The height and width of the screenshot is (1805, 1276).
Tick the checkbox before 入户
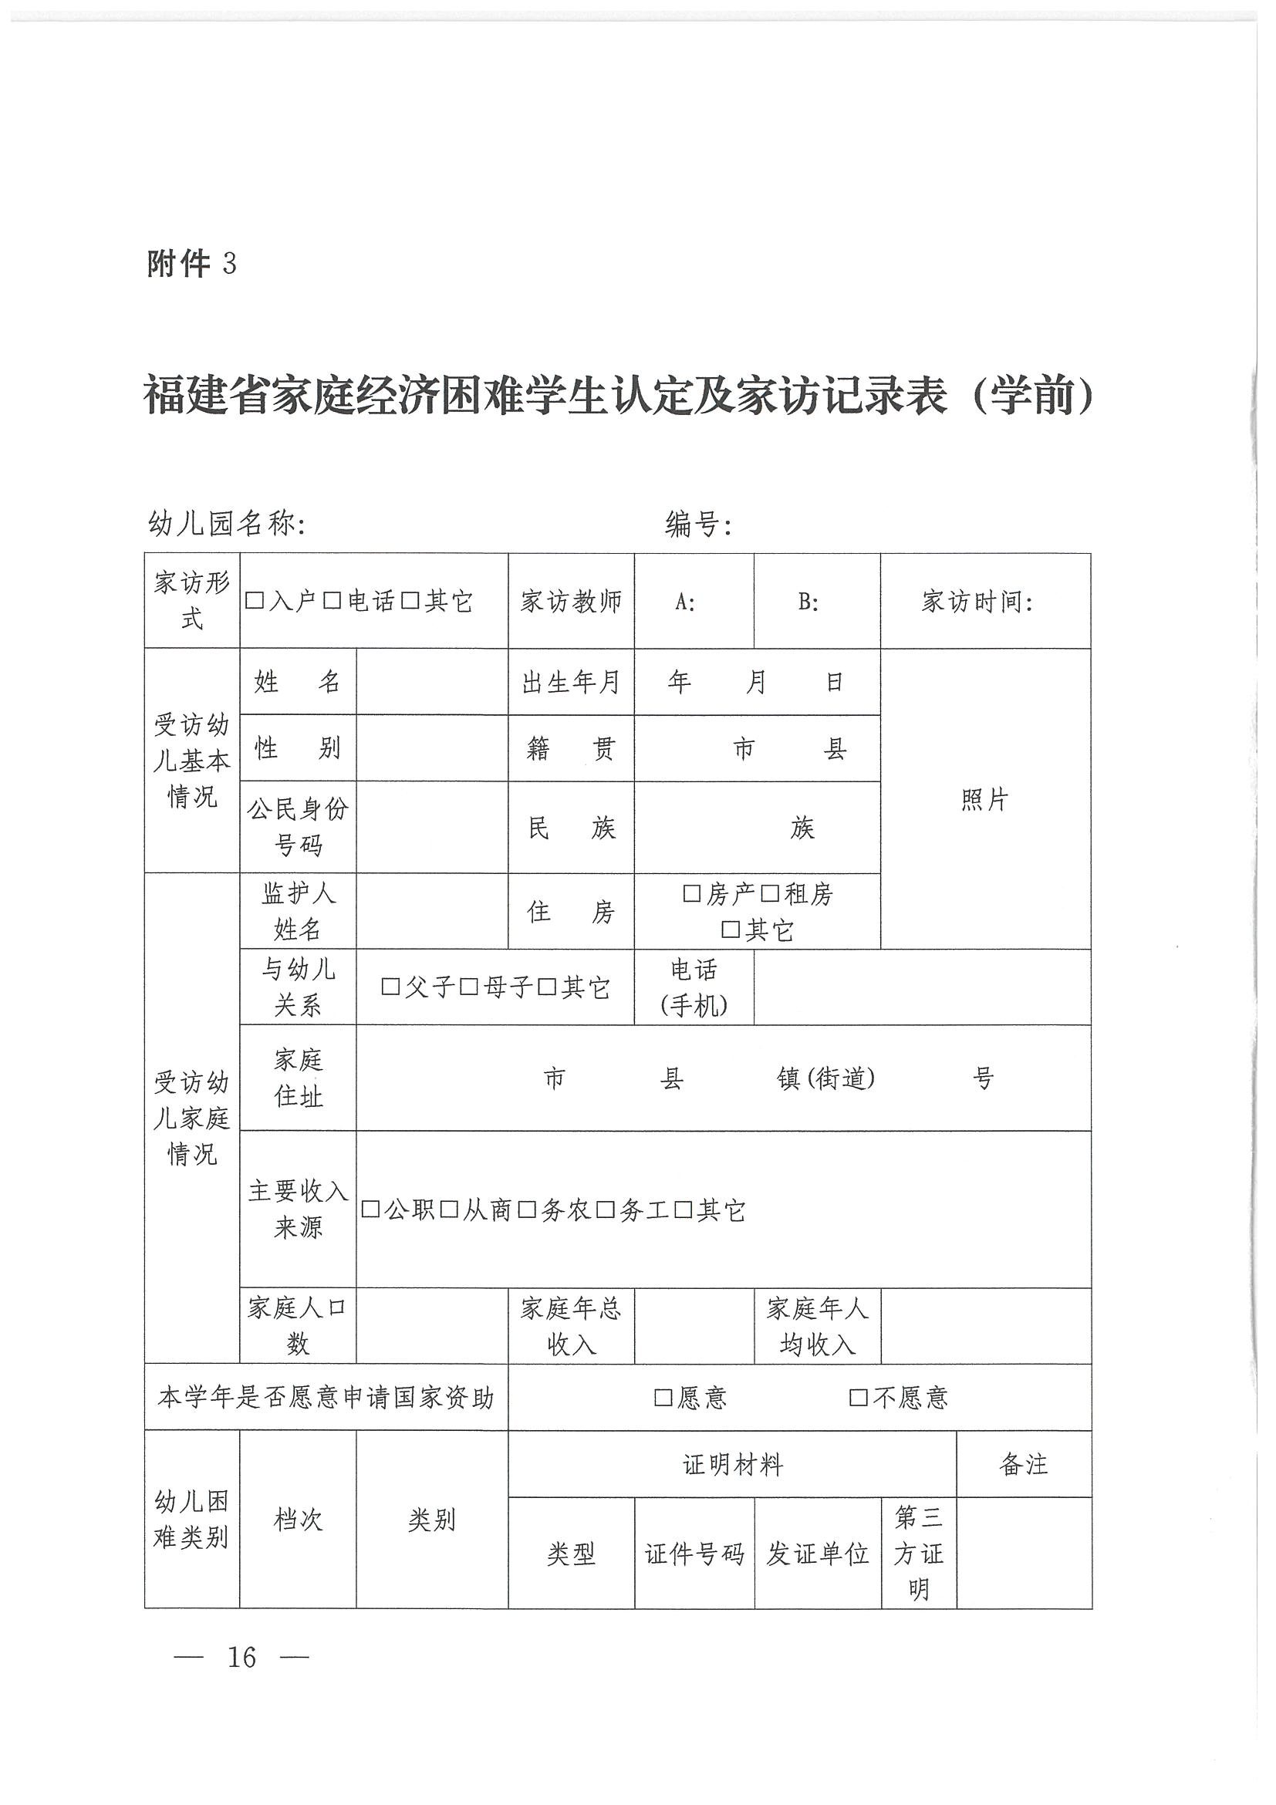click(253, 602)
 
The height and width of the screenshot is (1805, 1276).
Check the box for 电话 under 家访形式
click(332, 602)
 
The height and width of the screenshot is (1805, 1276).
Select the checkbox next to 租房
click(771, 894)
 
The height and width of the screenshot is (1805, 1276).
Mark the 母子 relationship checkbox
click(468, 987)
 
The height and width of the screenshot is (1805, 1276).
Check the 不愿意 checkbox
click(859, 1398)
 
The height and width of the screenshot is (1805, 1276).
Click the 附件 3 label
click(191, 264)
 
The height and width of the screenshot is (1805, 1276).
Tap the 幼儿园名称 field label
click(227, 524)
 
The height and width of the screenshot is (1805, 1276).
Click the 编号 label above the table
click(698, 524)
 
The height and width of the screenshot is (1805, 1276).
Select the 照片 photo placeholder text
click(984, 801)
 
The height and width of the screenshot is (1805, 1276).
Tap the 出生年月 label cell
click(571, 683)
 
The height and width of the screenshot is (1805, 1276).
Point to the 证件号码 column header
click(694, 1554)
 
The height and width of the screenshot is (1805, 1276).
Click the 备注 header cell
click(1024, 1465)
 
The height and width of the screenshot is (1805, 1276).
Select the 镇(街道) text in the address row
click(825, 1078)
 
